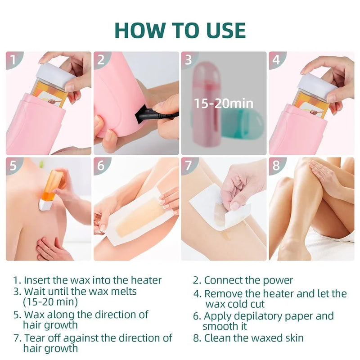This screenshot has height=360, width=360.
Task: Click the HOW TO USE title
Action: [x=180, y=30]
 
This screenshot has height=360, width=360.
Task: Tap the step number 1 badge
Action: [x=13, y=60]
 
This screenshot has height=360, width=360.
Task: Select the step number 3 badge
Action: [x=189, y=60]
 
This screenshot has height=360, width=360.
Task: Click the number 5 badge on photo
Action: [x=13, y=166]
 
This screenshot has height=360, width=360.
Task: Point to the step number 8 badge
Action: [x=277, y=166]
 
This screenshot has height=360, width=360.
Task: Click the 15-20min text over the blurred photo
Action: [x=224, y=103]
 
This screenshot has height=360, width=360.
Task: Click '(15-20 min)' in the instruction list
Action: [x=50, y=301]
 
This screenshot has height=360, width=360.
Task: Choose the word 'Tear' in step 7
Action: [x=34, y=337]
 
